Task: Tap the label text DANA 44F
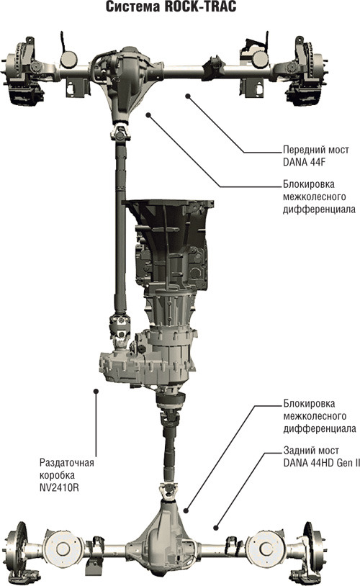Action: pos(300,162)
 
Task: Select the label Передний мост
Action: pos(315,150)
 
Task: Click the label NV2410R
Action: pos(59,487)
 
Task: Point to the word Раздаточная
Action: pos(66,463)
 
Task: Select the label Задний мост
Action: pos(311,451)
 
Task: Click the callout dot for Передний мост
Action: pos(188,96)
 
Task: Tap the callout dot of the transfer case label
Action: pos(96,391)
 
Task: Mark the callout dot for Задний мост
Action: pos(215,528)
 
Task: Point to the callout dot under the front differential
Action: pos(148,115)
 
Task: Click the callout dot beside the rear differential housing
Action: pos(186,510)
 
